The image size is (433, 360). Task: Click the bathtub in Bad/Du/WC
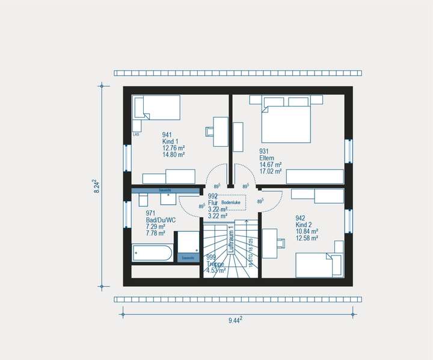(152, 252)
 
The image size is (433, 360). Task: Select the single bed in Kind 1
(156, 113)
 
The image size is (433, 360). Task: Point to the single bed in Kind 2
(318, 265)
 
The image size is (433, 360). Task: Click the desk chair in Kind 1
(210, 130)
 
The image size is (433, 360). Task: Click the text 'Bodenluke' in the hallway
(231, 203)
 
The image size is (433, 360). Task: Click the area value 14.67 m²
(271, 164)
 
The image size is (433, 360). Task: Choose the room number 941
(167, 135)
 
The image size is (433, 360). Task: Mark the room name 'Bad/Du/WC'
(161, 220)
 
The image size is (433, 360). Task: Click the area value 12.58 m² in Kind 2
(307, 238)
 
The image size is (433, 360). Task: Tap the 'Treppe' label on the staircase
(215, 264)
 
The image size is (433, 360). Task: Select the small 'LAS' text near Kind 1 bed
(136, 134)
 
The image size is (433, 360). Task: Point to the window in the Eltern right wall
(348, 151)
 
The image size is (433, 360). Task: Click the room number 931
(264, 151)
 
